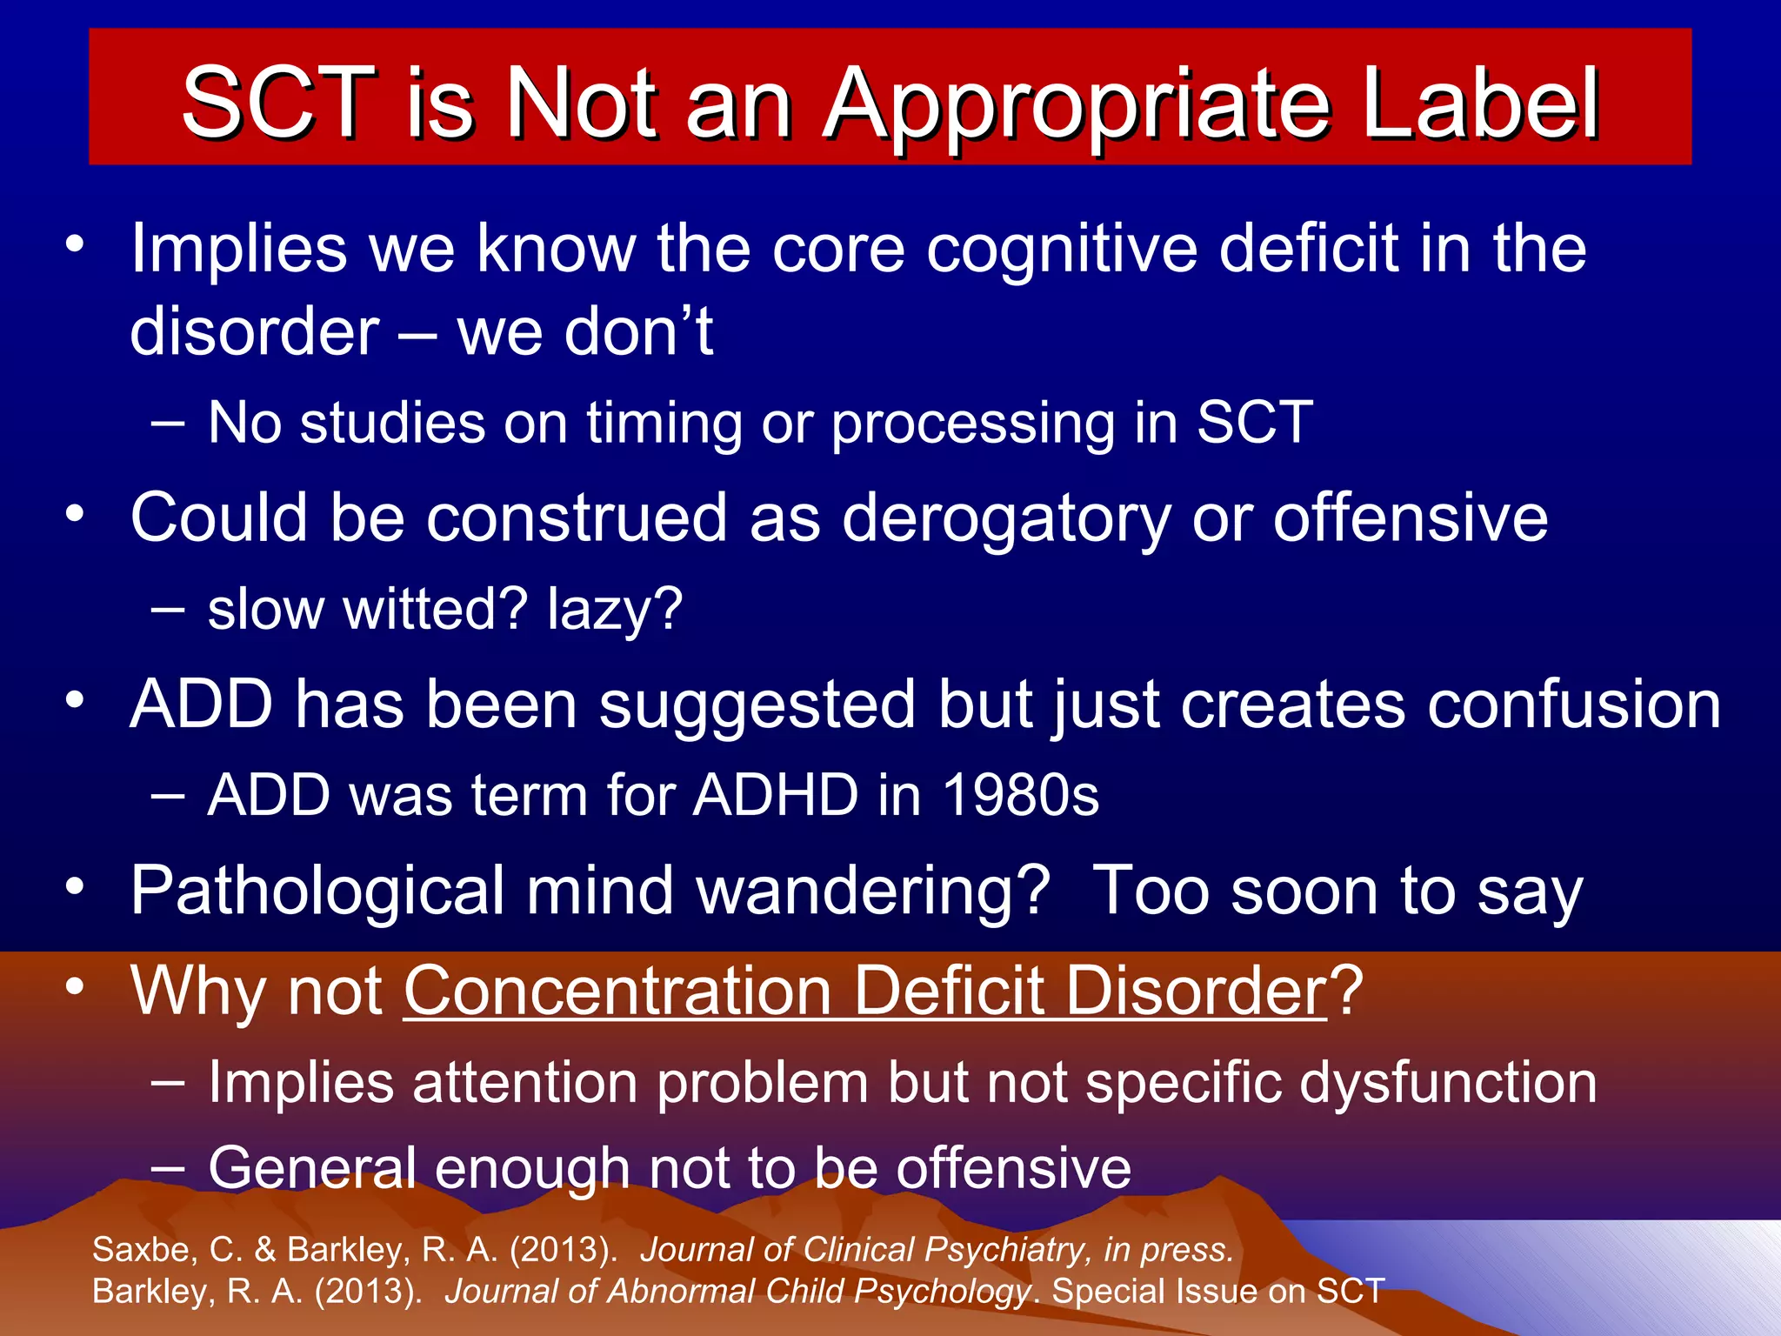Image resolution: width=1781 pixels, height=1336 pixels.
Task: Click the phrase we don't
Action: pos(584,332)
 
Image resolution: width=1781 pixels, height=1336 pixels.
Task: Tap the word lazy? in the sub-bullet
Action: pos(615,611)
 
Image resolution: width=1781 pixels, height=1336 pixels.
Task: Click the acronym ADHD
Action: pos(775,795)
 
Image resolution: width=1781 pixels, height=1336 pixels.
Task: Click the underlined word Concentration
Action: pos(617,991)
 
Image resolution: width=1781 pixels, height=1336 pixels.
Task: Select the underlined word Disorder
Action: pos(1196,991)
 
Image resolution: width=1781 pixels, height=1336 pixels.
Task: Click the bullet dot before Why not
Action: pos(76,986)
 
